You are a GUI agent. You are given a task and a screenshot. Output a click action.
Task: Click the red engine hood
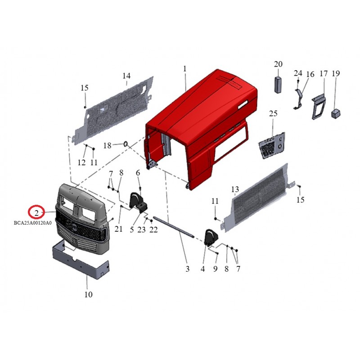pyautogui.click(x=202, y=126)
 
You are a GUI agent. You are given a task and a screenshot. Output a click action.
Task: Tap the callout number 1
pyautogui.click(x=184, y=68)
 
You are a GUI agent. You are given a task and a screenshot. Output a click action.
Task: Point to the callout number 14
pyautogui.click(x=126, y=76)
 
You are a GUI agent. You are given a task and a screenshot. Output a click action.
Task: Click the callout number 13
pyautogui.click(x=235, y=189)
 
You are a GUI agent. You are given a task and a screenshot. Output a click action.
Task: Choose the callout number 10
pyautogui.click(x=88, y=295)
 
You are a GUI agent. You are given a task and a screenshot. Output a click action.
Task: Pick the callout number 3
pyautogui.click(x=188, y=269)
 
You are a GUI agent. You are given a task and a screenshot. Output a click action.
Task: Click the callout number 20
pyautogui.click(x=278, y=64)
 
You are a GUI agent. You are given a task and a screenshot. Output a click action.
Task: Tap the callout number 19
pyautogui.click(x=335, y=73)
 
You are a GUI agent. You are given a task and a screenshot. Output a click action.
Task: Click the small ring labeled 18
pyautogui.click(x=126, y=144)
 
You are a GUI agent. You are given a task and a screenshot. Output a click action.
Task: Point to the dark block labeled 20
pyautogui.click(x=278, y=84)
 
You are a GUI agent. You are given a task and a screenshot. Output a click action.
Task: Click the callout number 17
pyautogui.click(x=323, y=73)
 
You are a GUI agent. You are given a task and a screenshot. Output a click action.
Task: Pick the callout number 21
pyautogui.click(x=118, y=229)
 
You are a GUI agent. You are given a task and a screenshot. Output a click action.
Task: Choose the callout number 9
pyautogui.click(x=215, y=269)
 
